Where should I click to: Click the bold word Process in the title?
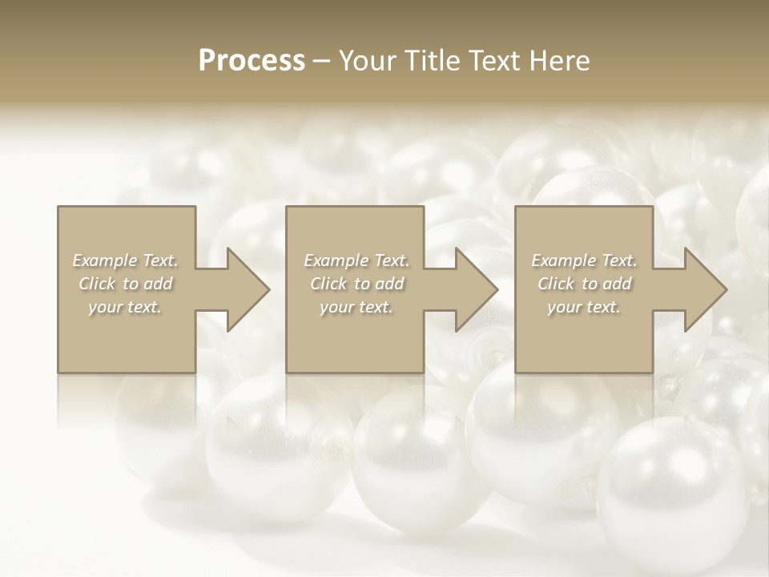[x=252, y=60]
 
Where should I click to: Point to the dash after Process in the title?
[x=323, y=61]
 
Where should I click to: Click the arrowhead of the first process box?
[x=245, y=289]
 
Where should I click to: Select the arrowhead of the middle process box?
[x=473, y=289]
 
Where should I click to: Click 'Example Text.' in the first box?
[x=125, y=260]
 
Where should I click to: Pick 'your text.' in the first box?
[x=125, y=307]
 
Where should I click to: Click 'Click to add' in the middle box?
[x=356, y=284]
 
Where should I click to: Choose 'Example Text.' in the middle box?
[x=356, y=260]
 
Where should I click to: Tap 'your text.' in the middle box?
[x=356, y=307]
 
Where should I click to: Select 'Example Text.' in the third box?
[x=584, y=260]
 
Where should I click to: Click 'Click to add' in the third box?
[x=584, y=284]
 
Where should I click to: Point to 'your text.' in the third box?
[x=584, y=307]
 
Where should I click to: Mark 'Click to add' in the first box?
[x=125, y=284]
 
